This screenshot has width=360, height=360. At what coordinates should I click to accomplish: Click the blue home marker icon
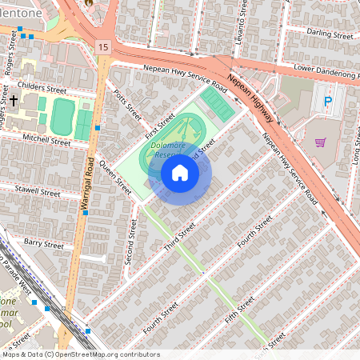click(180, 172)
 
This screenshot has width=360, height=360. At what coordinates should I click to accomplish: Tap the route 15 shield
click(102, 48)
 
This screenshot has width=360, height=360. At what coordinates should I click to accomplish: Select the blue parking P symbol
click(327, 102)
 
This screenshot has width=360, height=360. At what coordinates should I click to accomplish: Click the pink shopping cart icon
click(321, 142)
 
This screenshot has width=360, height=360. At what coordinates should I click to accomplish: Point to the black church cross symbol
click(14, 101)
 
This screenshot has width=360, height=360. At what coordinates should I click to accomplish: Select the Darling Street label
click(330, 35)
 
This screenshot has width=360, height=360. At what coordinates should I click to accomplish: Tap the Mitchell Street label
click(46, 139)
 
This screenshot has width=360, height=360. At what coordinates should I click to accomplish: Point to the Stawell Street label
click(38, 192)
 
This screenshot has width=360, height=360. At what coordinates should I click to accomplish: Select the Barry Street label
click(42, 243)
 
